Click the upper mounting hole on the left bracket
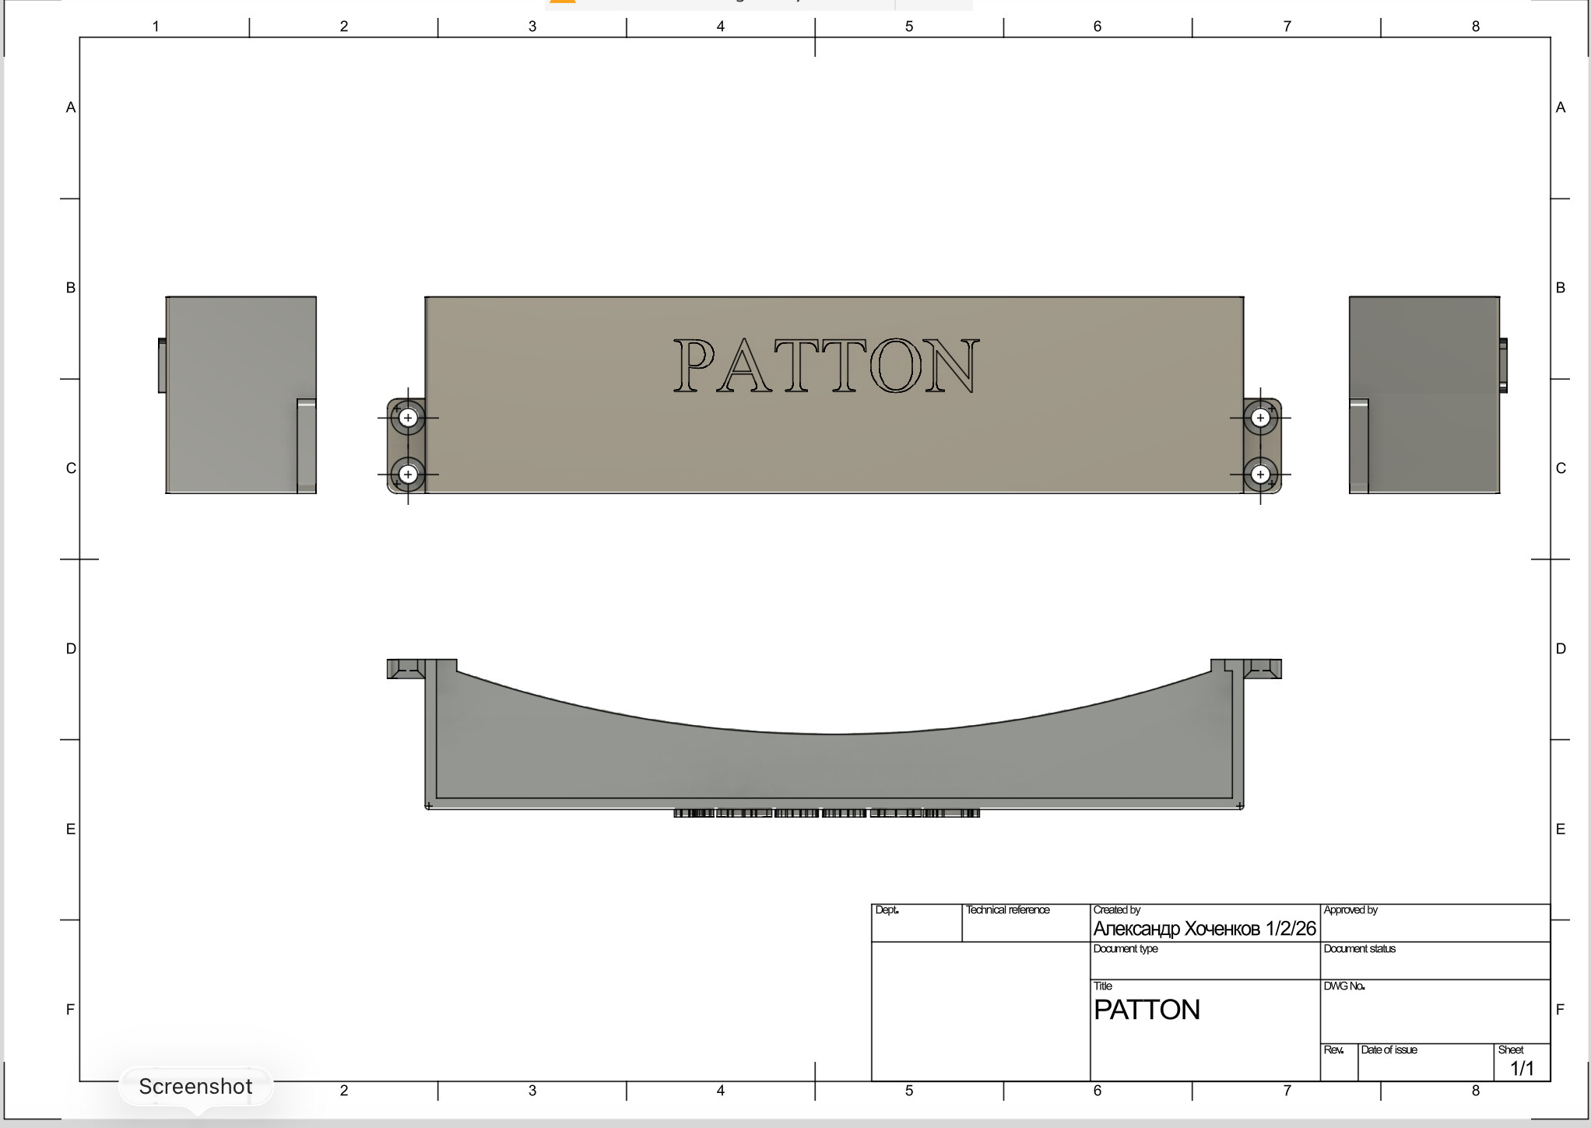point(408,418)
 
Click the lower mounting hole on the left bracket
point(408,474)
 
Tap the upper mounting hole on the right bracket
point(1260,418)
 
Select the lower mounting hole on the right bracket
point(1260,474)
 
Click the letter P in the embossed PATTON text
point(694,366)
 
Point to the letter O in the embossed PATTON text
point(895,366)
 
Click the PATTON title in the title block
point(1147,1010)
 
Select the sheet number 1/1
point(1522,1068)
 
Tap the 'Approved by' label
point(1350,909)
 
